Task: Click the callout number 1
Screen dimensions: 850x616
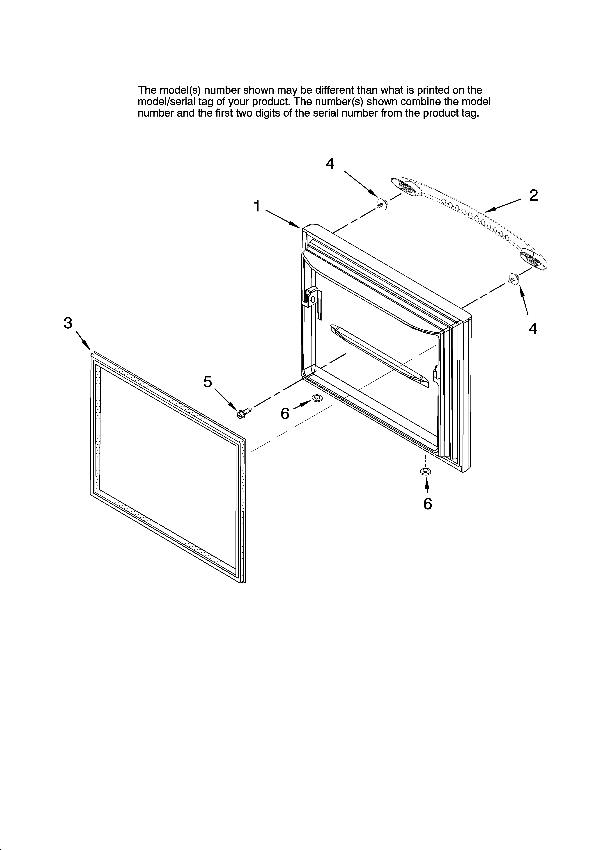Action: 257,206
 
